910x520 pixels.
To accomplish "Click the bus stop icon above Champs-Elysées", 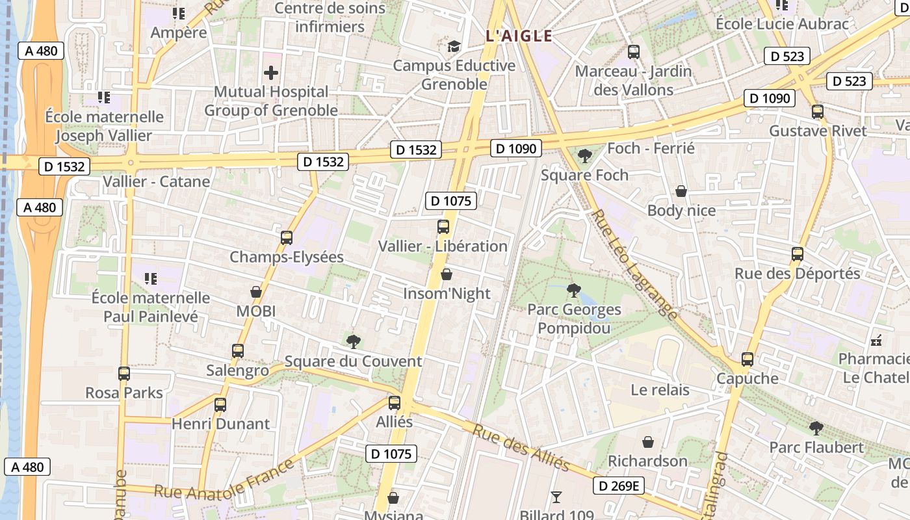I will click(286, 238).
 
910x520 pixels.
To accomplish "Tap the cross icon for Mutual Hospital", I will click(271, 73).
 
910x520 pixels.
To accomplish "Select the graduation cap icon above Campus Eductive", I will click(454, 47).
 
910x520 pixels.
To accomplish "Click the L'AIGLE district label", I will click(519, 36).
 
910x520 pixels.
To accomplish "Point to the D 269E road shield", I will click(618, 486).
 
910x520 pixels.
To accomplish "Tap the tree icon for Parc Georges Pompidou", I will click(573, 291).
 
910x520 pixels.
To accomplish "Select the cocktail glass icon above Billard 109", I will click(556, 497).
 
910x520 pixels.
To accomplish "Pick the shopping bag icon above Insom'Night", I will click(447, 275).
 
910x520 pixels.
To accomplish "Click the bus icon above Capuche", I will click(747, 359).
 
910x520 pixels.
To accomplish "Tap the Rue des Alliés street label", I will click(521, 448).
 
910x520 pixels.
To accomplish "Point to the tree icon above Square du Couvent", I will click(354, 342).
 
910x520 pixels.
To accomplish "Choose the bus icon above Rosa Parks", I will click(124, 374).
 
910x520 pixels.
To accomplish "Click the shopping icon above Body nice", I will click(681, 191).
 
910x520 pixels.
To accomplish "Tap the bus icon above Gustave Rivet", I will click(818, 112).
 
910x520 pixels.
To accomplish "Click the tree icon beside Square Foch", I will click(584, 156).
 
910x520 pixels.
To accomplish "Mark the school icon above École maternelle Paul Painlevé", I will click(151, 279).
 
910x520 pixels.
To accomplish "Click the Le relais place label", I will click(660, 390).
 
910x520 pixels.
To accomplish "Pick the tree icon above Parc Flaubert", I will click(816, 428).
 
